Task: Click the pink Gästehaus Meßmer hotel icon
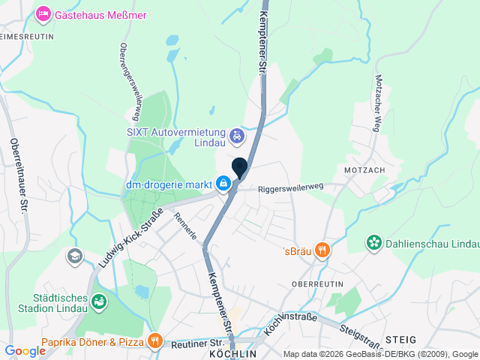pos(43,14)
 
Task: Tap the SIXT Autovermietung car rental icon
pos(237,136)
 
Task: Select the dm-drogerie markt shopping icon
pos(223,182)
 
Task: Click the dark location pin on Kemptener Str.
pos(240,168)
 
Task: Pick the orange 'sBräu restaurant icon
pos(322,250)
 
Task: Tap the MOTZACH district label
pos(364,170)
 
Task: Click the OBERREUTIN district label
pos(317,284)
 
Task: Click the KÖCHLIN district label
pos(233,352)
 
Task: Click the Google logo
pos(25,350)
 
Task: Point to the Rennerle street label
pos(185,226)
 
